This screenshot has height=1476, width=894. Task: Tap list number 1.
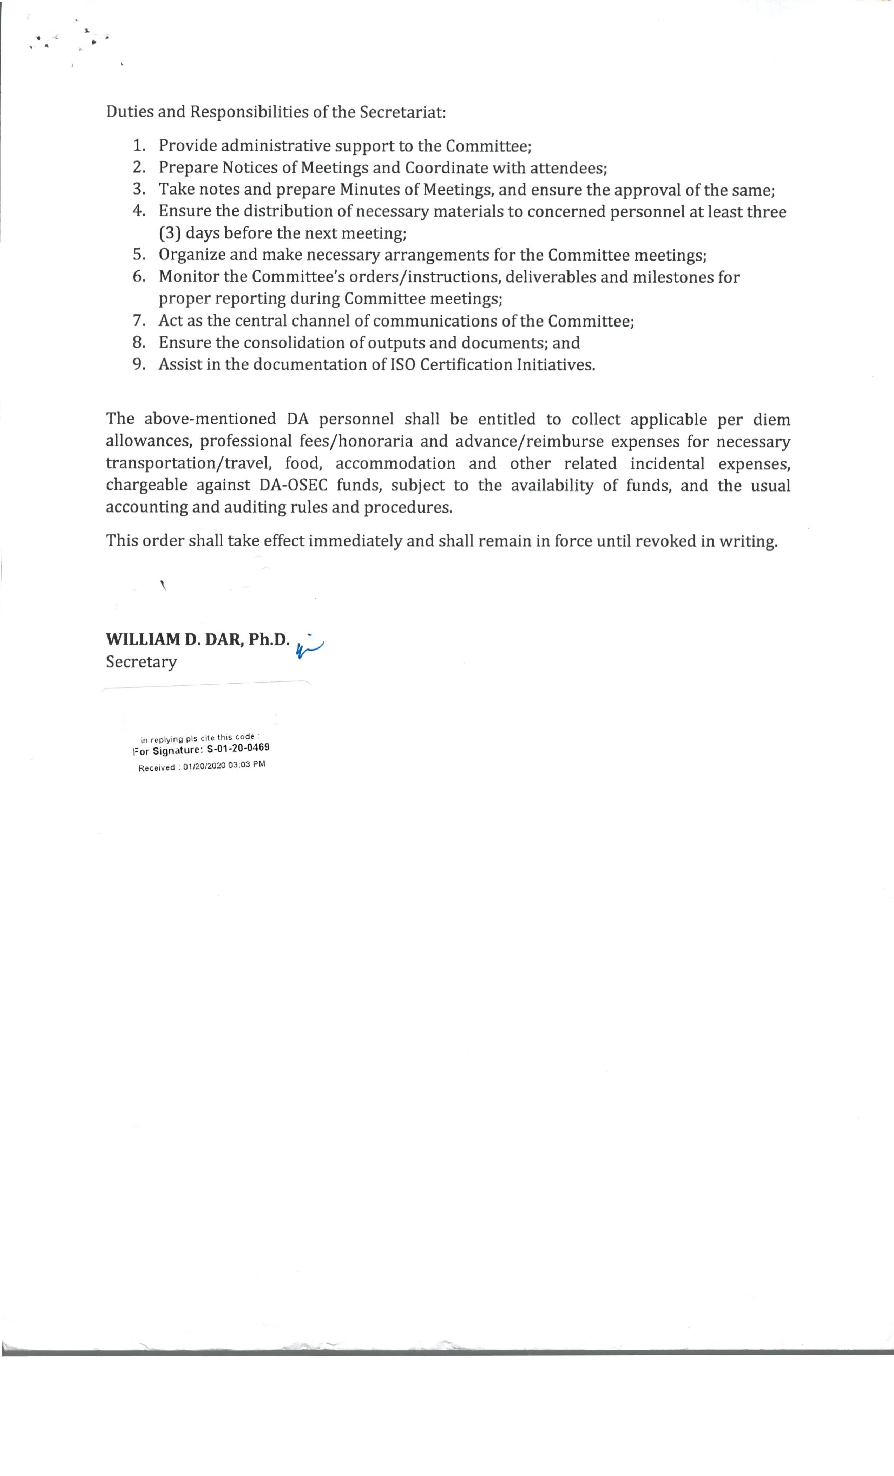coord(139,146)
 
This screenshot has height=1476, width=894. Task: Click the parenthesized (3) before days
coord(170,233)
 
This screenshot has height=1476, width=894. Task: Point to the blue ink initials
coord(309,646)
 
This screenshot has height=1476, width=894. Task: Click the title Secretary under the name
coord(142,662)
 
